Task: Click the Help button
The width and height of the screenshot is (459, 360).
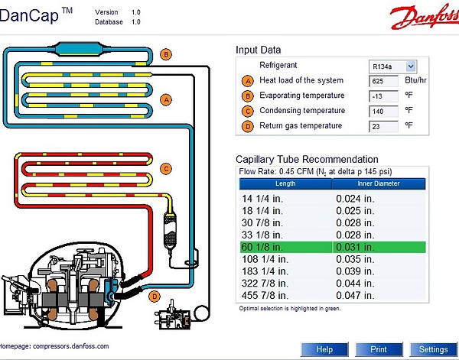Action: [324, 349]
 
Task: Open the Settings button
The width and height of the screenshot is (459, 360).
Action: [434, 349]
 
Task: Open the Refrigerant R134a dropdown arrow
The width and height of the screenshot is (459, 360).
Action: [411, 66]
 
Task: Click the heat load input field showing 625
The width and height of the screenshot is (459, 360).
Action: [383, 81]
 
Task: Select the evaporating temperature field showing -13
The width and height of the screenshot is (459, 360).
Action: [383, 96]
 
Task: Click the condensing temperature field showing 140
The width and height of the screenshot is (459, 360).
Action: [383, 112]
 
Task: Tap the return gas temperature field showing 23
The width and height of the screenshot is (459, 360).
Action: [383, 127]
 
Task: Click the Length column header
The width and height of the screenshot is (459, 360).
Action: [285, 183]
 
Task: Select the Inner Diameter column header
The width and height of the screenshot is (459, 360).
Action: [379, 183]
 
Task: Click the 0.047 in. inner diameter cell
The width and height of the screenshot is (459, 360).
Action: [355, 295]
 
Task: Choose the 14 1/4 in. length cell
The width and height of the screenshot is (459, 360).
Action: [262, 199]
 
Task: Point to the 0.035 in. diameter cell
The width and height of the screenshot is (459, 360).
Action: [355, 259]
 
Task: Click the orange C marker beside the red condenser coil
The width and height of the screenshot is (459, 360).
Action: [166, 169]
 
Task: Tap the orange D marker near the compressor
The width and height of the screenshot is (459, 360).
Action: [155, 297]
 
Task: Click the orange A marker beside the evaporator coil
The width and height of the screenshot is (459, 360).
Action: [166, 100]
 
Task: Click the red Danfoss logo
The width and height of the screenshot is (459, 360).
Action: [425, 16]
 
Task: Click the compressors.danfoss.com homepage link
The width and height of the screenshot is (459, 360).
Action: [71, 346]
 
